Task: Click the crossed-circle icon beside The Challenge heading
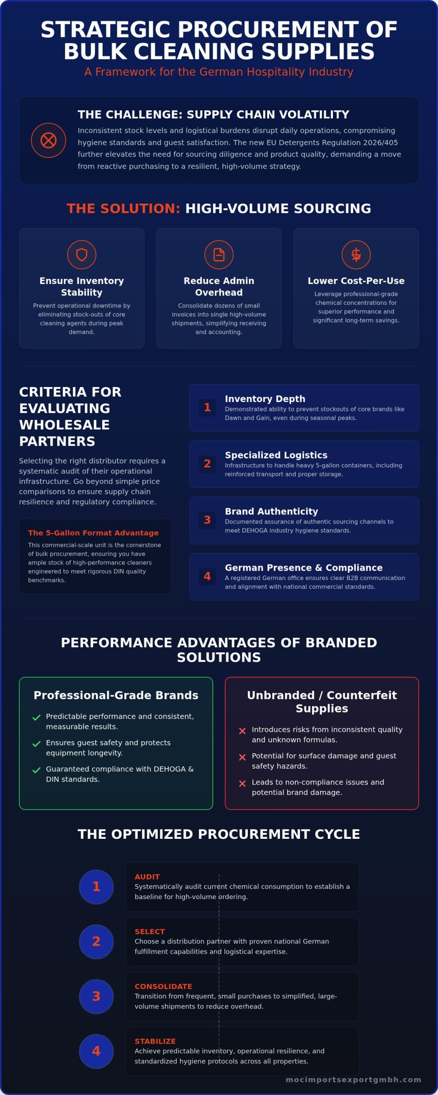[x=48, y=140]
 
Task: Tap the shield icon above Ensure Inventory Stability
[x=82, y=255]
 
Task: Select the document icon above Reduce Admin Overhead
[x=219, y=255]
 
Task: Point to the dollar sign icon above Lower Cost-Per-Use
[x=356, y=255]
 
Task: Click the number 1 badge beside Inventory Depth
[x=207, y=407]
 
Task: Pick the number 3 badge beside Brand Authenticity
[x=207, y=520]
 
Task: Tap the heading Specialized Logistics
[x=276, y=455]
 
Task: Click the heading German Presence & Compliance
[x=304, y=568]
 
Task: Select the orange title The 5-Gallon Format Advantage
[x=93, y=533]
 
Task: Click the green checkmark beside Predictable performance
[x=36, y=717]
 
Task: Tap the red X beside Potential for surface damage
[x=242, y=757]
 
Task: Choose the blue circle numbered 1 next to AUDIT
[x=96, y=887]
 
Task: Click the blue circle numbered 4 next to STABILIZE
[x=96, y=1051]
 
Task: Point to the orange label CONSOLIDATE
[x=163, y=986]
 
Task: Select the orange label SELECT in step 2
[x=150, y=932]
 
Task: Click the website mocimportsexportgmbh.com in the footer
[x=353, y=1080]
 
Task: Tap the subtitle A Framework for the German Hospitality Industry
[x=219, y=72]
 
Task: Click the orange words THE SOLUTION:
[x=123, y=208]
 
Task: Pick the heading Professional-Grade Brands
[x=116, y=695]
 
